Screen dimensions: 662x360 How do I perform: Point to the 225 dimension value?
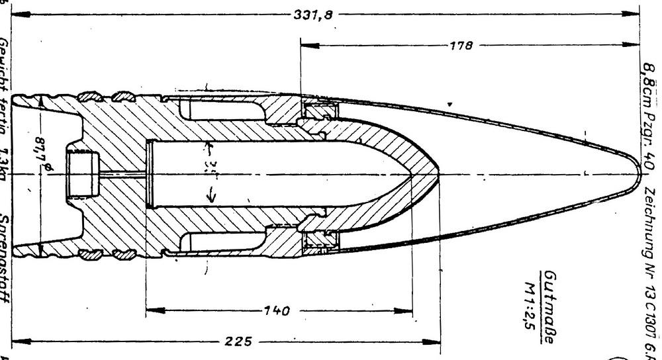click(x=238, y=342)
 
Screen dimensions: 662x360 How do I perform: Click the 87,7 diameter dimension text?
click(x=48, y=157)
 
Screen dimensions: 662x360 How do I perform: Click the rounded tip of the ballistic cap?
click(x=639, y=175)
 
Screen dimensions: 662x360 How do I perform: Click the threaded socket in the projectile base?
click(x=81, y=175)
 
